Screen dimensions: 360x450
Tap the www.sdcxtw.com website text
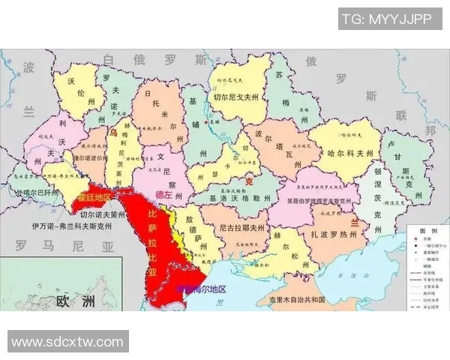point(67,342)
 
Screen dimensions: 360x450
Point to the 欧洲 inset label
point(76,301)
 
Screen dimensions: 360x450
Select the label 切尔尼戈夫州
point(235,97)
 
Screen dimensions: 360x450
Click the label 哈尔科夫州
point(350,152)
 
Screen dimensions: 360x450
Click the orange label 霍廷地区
point(94,196)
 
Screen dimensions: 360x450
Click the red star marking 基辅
point(205,120)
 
